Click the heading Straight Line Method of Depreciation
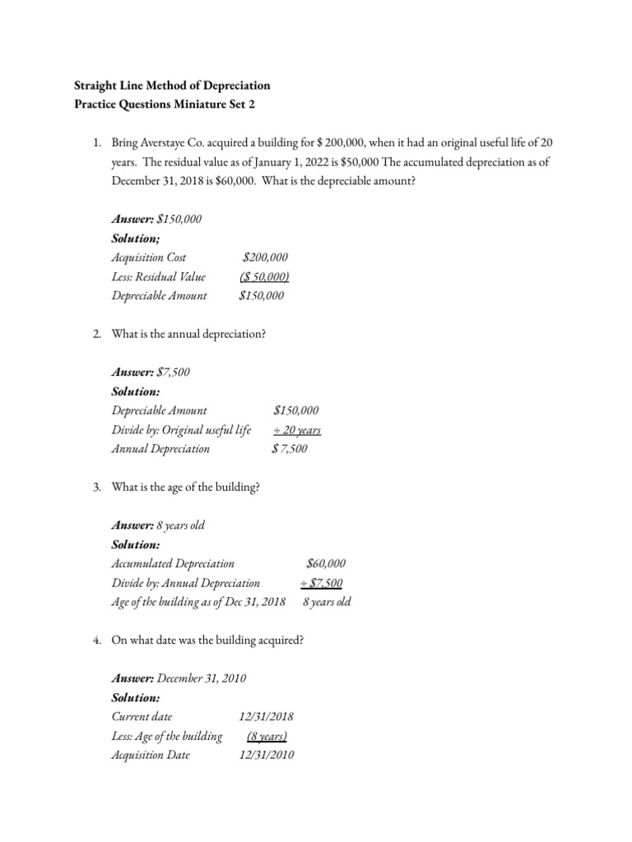click(x=172, y=86)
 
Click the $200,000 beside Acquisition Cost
click(x=265, y=257)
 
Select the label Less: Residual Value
click(x=158, y=276)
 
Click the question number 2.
click(x=97, y=334)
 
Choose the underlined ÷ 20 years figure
click(x=296, y=430)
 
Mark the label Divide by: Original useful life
click(x=181, y=430)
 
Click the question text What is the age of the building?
click(x=186, y=488)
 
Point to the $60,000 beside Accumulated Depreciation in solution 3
click(x=326, y=564)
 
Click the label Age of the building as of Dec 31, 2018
click(x=198, y=602)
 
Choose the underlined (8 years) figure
click(x=267, y=736)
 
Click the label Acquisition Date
click(x=151, y=755)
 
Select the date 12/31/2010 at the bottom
click(x=267, y=755)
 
